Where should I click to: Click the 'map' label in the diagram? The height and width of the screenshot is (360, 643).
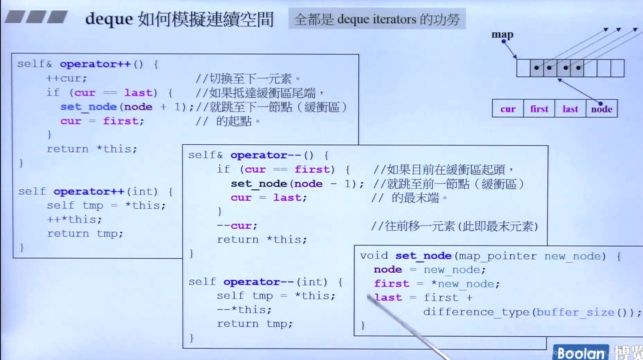(x=502, y=34)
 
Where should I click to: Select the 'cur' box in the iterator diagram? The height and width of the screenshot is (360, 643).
(x=508, y=109)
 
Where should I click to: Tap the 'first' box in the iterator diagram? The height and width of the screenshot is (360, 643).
(x=539, y=109)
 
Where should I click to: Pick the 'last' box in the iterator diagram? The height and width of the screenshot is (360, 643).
(x=570, y=109)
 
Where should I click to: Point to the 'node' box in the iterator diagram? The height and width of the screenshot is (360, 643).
(x=602, y=109)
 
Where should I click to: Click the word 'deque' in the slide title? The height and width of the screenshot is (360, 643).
(x=109, y=19)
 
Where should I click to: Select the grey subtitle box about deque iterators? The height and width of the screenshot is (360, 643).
(x=377, y=19)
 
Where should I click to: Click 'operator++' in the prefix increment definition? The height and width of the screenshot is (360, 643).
(x=95, y=64)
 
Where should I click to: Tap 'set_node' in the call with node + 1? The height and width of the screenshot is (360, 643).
(x=89, y=107)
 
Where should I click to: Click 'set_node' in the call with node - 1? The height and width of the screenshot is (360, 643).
(x=259, y=184)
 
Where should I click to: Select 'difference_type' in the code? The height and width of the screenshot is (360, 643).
(x=476, y=312)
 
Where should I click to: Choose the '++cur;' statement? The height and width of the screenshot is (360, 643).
(x=66, y=78)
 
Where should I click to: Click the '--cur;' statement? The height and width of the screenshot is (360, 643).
(x=237, y=226)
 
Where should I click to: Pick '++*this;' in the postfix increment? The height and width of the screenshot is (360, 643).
(x=74, y=220)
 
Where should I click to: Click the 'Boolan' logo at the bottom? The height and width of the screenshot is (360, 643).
(x=580, y=353)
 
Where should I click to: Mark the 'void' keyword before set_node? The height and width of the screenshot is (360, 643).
(x=374, y=256)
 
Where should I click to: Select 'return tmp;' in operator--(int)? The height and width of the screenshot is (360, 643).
(x=254, y=324)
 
